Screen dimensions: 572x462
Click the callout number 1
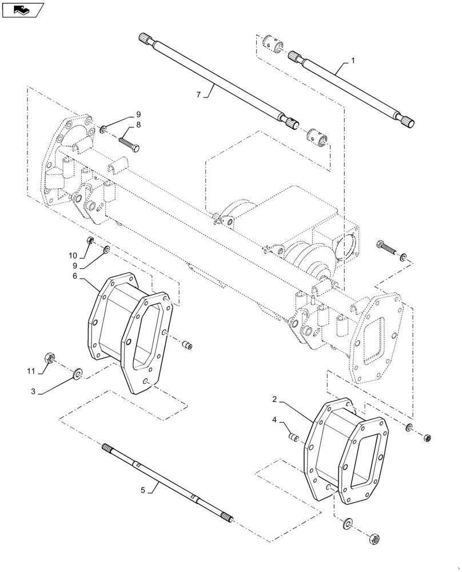click(x=353, y=61)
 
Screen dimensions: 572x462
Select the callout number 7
click(x=198, y=95)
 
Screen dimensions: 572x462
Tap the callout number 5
click(x=142, y=490)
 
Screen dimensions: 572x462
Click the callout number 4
click(x=274, y=420)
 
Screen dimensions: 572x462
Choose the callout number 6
click(x=75, y=276)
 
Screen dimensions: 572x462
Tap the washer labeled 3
click(x=77, y=374)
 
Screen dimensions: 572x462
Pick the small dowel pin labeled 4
click(x=293, y=438)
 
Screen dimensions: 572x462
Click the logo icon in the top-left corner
click(x=22, y=9)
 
